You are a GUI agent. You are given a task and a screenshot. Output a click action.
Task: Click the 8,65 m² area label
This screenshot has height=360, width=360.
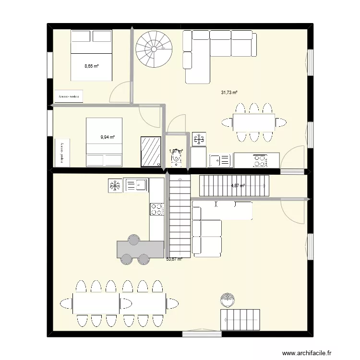92,66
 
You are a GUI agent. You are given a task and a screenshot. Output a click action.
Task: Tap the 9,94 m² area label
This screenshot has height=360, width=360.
108,137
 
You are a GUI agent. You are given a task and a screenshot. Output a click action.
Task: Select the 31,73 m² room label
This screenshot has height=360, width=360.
229,93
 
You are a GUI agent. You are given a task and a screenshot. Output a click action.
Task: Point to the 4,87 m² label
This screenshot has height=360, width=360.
238,186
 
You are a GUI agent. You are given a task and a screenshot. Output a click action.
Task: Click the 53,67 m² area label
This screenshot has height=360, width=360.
174,259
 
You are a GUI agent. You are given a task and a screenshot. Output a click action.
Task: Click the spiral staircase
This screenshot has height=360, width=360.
154,48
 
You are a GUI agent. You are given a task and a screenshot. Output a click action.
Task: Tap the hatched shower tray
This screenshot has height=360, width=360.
151,152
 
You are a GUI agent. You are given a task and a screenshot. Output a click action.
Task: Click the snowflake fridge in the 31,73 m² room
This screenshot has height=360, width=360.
199,139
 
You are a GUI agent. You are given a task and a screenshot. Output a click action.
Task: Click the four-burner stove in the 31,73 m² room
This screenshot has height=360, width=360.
260,160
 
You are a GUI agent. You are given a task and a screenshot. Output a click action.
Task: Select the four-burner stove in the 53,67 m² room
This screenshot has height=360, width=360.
157,209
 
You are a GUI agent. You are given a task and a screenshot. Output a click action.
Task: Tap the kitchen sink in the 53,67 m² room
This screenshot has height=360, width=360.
136,185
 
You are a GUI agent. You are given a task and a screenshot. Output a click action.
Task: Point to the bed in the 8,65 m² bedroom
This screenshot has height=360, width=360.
92,55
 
